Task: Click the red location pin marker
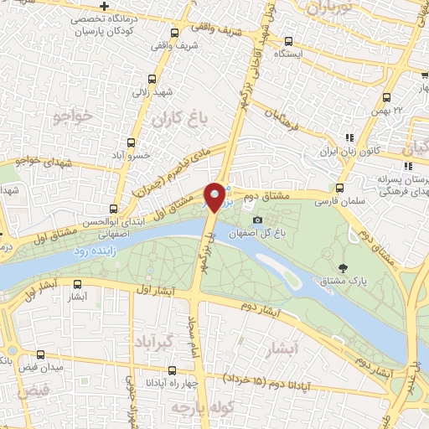[x=215, y=197]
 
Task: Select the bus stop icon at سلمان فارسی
[x=339, y=189]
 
